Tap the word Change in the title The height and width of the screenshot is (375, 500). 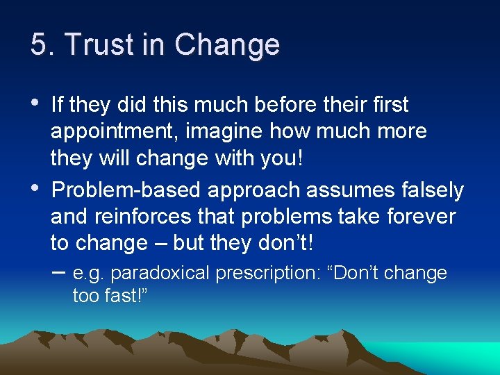pyautogui.click(x=227, y=46)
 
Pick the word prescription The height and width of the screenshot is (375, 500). pyautogui.click(x=267, y=274)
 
